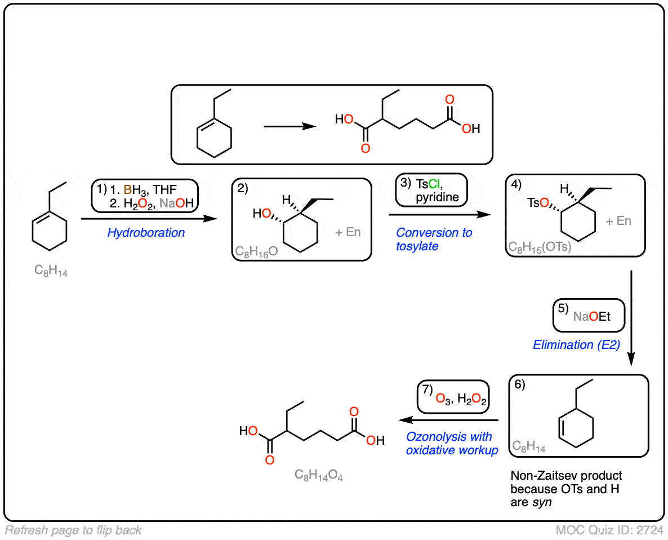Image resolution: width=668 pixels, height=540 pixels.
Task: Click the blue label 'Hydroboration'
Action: coord(146,232)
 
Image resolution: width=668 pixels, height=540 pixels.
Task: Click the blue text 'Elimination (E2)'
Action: coord(576,344)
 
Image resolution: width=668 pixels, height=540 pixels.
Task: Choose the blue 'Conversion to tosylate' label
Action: coord(434,240)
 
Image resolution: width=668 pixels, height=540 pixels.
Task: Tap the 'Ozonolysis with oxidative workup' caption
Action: coord(452,443)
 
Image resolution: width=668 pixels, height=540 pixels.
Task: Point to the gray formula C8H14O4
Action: coord(319,475)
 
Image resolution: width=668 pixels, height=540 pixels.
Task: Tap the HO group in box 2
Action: coord(262,214)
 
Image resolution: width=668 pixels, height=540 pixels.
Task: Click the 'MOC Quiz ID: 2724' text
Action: coord(609,530)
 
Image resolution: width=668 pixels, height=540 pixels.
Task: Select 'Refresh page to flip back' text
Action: coord(73,530)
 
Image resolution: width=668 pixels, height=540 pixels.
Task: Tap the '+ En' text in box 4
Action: coord(618,221)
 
